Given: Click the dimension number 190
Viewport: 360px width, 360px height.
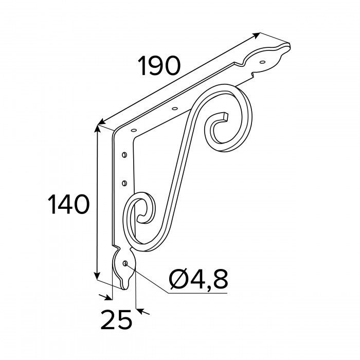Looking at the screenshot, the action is [x=158, y=66].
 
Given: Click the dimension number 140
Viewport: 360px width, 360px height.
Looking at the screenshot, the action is [x=68, y=204].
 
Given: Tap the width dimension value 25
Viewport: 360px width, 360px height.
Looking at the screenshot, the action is [x=116, y=319].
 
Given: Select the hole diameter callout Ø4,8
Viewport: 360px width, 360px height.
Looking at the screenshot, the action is [x=199, y=280].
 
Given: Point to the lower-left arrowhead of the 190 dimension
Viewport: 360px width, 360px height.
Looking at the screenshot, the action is [x=101, y=122].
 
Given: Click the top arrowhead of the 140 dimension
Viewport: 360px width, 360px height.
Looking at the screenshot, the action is [x=98, y=129].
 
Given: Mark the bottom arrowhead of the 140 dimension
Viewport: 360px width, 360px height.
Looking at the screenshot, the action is [x=97, y=276].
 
